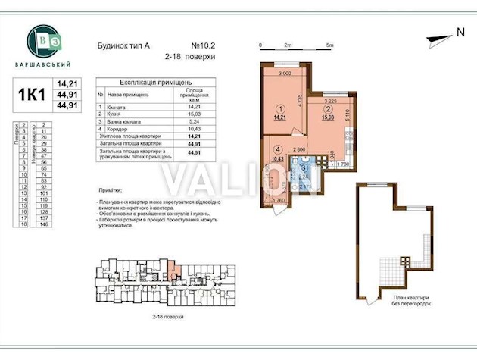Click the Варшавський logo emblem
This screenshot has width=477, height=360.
(x=45, y=39)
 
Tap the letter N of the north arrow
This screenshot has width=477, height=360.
(x=459, y=32)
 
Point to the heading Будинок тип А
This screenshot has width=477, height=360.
(x=124, y=44)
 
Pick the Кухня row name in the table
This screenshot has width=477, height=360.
(x=116, y=115)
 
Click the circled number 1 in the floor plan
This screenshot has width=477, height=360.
(x=279, y=108)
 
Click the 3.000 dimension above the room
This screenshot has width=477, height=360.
(x=285, y=74)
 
